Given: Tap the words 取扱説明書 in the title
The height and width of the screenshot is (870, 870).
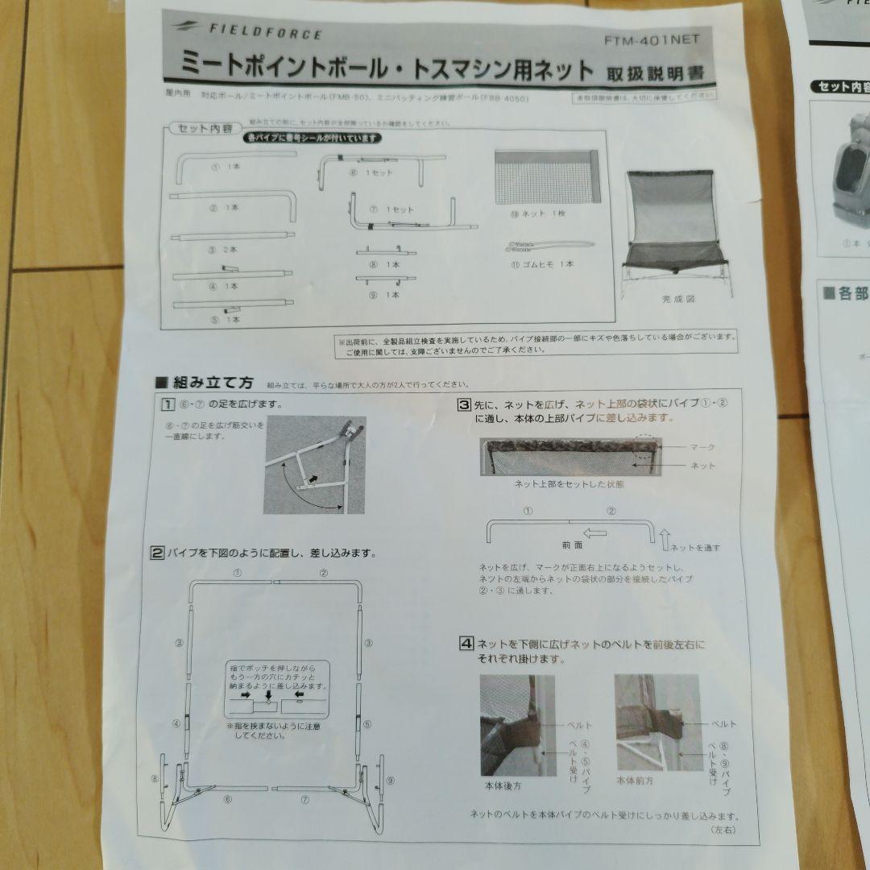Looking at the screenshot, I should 657,73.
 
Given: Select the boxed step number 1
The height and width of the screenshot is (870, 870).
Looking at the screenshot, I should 168,404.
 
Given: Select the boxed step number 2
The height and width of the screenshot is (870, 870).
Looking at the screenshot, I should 159,553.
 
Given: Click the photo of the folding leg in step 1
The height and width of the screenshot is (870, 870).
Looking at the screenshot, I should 314,465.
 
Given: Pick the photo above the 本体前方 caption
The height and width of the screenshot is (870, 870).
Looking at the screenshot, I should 647,722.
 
